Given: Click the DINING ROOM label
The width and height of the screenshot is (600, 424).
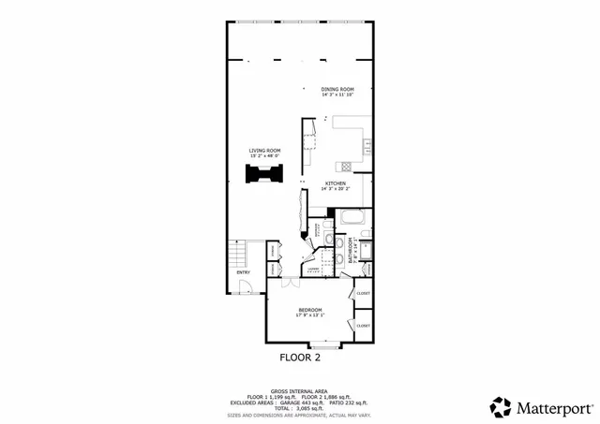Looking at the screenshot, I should (337, 89).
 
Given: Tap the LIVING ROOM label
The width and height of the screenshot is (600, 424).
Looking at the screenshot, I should (264, 150).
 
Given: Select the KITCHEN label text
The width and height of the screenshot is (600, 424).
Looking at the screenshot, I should (336, 183).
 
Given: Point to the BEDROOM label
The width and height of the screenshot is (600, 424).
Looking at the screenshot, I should (310, 310).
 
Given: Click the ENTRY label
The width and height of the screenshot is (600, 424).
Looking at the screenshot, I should (243, 272).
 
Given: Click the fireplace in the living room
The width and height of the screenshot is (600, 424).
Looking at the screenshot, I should (263, 175).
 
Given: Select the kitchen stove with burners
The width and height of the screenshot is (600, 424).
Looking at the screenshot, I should (346, 167).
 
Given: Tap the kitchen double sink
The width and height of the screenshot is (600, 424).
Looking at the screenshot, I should (367, 145).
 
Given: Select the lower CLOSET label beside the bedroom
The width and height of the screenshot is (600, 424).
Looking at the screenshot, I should (363, 325).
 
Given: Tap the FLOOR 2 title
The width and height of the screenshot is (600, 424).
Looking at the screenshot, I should (300, 358).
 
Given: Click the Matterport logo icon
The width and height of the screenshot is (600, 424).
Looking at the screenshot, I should (501, 406).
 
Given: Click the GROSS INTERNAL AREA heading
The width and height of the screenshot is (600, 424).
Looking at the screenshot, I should (299, 390).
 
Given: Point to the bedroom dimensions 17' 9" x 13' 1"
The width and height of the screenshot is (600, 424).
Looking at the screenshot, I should (310, 315).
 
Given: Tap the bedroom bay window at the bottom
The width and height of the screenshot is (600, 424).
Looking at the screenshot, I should (327, 343).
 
